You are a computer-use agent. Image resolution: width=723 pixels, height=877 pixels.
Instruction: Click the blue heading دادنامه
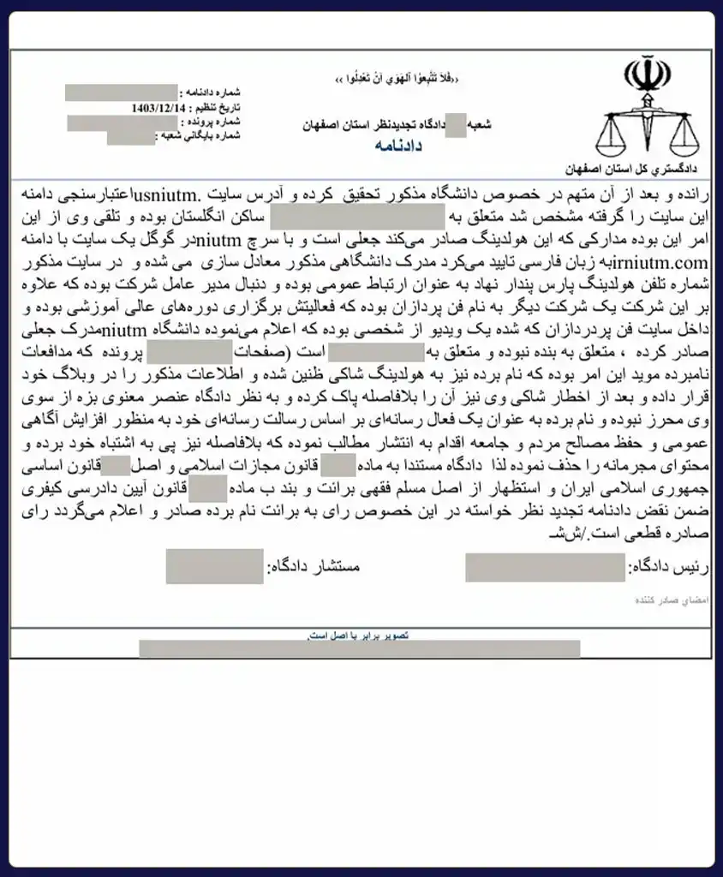click(399, 146)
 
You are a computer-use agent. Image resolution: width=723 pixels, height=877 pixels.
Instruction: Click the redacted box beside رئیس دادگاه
click(546, 568)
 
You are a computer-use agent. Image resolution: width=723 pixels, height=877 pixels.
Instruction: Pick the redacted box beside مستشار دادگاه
click(214, 567)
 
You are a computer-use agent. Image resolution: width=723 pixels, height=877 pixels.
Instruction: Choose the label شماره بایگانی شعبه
click(199, 135)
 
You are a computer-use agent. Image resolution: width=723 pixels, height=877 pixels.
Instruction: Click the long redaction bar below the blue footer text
click(359, 648)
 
